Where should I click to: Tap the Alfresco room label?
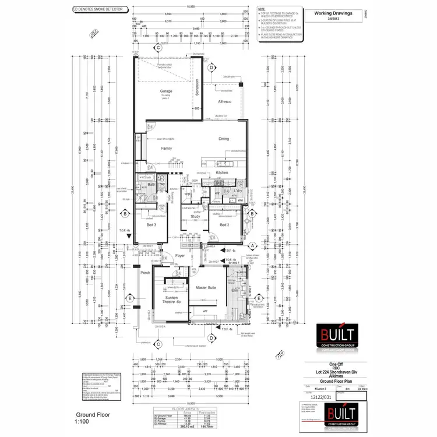click(x=225, y=102)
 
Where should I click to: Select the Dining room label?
click(x=224, y=139)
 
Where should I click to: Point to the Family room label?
click(x=167, y=149)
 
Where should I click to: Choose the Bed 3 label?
click(x=151, y=224)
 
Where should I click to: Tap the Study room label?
click(x=195, y=217)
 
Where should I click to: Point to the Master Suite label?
click(x=206, y=287)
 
